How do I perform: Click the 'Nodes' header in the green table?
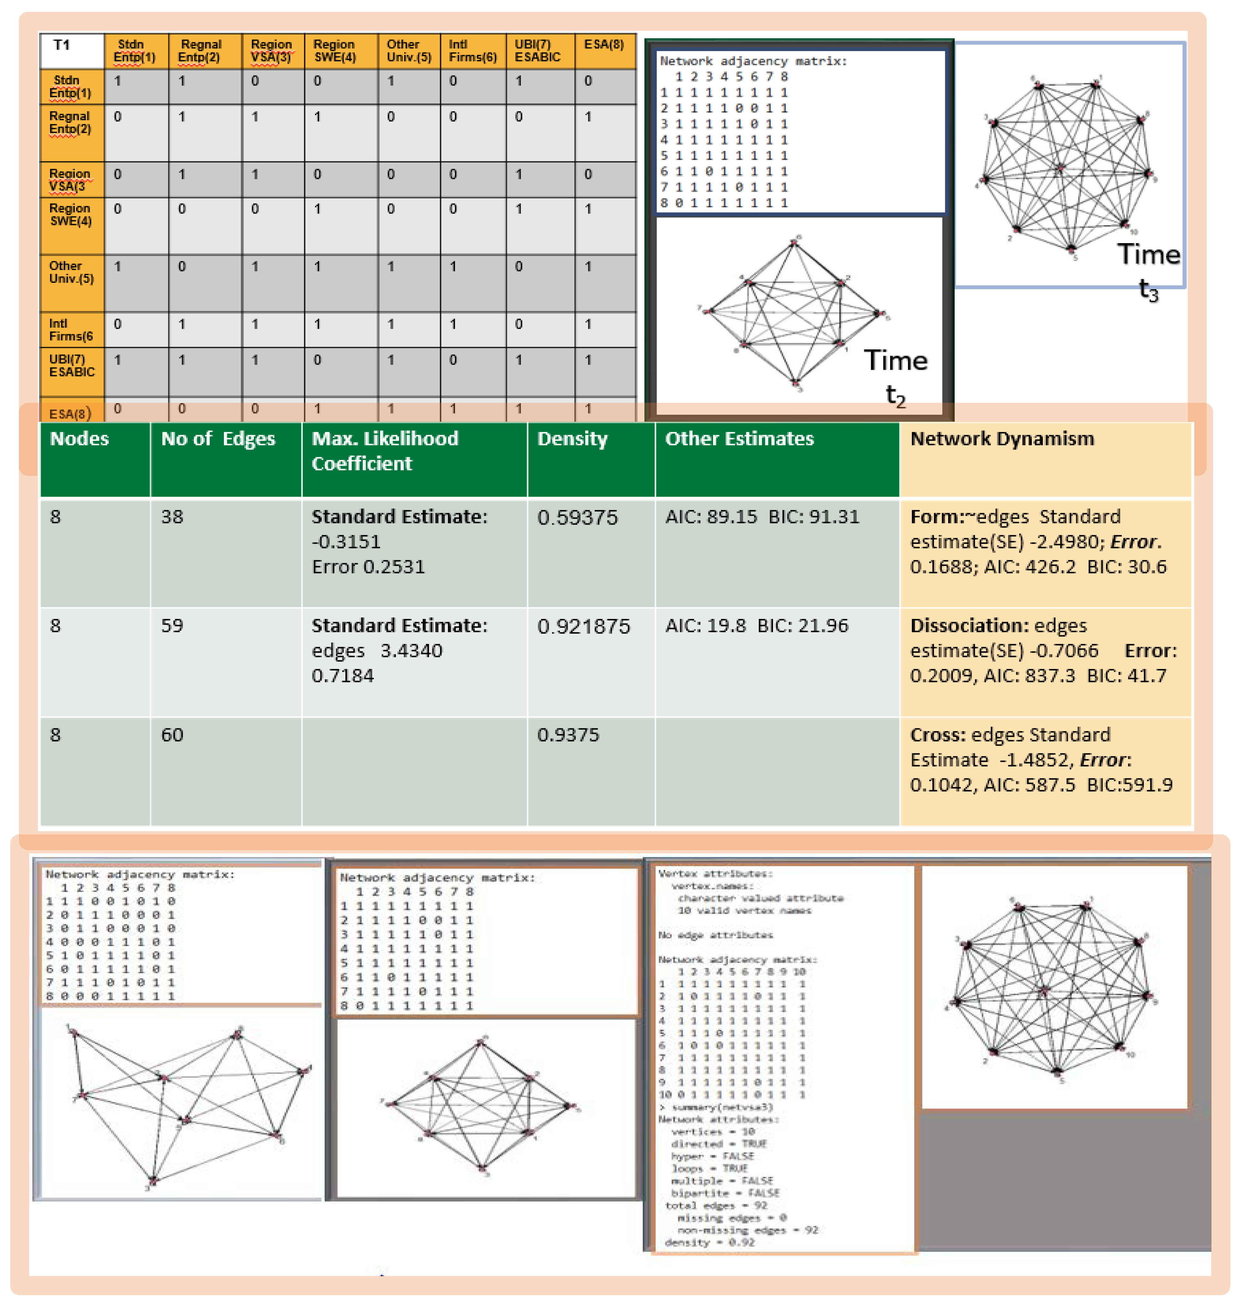point(79,439)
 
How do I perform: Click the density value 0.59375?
point(577,517)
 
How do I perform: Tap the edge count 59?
point(172,626)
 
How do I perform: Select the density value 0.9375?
point(568,735)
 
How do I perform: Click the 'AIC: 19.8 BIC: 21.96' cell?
point(756,626)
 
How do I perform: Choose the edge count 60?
point(172,735)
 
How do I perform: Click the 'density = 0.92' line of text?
point(709,1242)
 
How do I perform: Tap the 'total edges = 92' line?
point(715,1205)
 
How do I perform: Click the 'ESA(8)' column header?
point(603,45)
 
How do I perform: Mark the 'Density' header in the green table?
point(572,439)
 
